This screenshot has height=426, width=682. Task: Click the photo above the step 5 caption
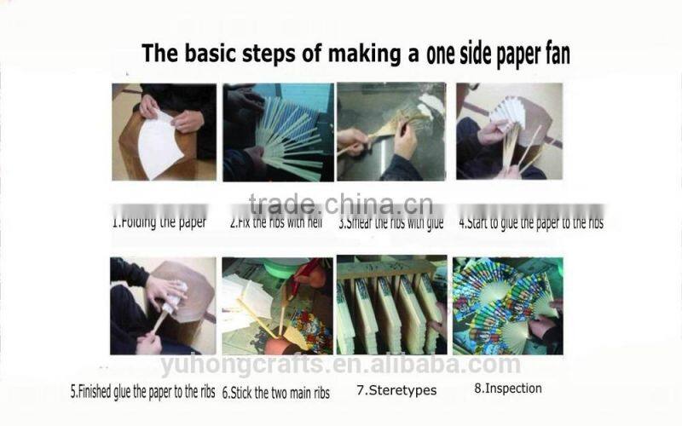[x=163, y=305]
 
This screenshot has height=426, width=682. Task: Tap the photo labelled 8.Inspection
[x=508, y=305]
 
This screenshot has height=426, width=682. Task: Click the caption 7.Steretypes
[x=396, y=391]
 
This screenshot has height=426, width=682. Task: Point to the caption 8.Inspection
[x=507, y=389]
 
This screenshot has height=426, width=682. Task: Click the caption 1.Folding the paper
[x=159, y=223]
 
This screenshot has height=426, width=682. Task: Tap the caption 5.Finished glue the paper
[x=142, y=394]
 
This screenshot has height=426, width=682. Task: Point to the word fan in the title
[x=553, y=54]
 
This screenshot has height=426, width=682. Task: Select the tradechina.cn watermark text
[x=340, y=205]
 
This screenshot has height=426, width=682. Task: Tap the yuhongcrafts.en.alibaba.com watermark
[x=340, y=365]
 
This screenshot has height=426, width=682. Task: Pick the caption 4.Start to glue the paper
[x=531, y=223]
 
